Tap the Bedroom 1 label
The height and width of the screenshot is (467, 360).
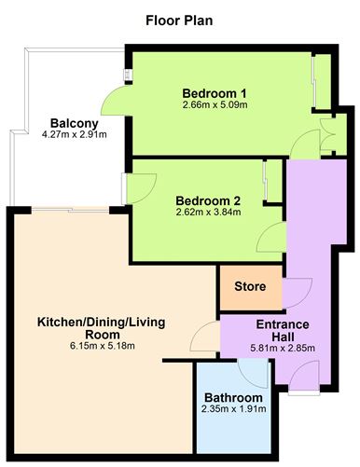pyautogui.click(x=214, y=93)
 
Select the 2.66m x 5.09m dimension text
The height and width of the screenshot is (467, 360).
pyautogui.click(x=214, y=106)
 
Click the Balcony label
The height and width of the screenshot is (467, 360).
pyautogui.click(x=70, y=123)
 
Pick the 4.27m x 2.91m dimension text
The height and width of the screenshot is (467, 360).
pyautogui.click(x=70, y=136)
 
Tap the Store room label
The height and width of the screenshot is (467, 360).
pyautogui.click(x=249, y=286)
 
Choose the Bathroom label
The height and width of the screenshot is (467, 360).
pyautogui.click(x=233, y=398)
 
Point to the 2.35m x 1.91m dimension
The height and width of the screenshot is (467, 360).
pyautogui.click(x=233, y=411)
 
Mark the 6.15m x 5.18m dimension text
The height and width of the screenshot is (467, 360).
pyautogui.click(x=101, y=347)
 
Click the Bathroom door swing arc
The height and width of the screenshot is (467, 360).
pyautogui.click(x=252, y=370)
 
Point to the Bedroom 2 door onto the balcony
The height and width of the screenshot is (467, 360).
pyautogui.click(x=135, y=190)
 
